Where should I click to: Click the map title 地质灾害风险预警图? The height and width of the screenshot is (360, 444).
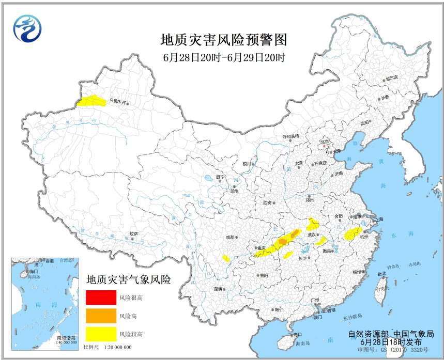click(x=224, y=40)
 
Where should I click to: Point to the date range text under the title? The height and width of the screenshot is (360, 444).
click(x=224, y=57)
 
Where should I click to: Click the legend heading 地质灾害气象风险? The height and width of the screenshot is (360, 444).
click(x=129, y=279)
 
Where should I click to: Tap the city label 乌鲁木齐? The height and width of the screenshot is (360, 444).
click(x=116, y=102)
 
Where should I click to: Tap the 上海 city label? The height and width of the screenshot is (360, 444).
click(x=379, y=219)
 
